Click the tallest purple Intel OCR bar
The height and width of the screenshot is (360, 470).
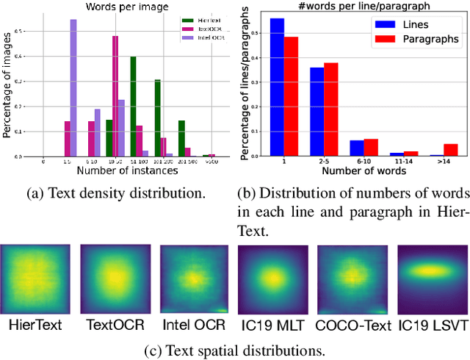click(73, 88)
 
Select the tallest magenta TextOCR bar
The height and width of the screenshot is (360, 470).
click(115, 96)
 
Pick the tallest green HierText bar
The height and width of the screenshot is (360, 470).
click(133, 107)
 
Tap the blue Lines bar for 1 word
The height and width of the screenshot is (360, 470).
click(277, 87)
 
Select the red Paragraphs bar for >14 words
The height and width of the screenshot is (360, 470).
click(450, 149)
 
